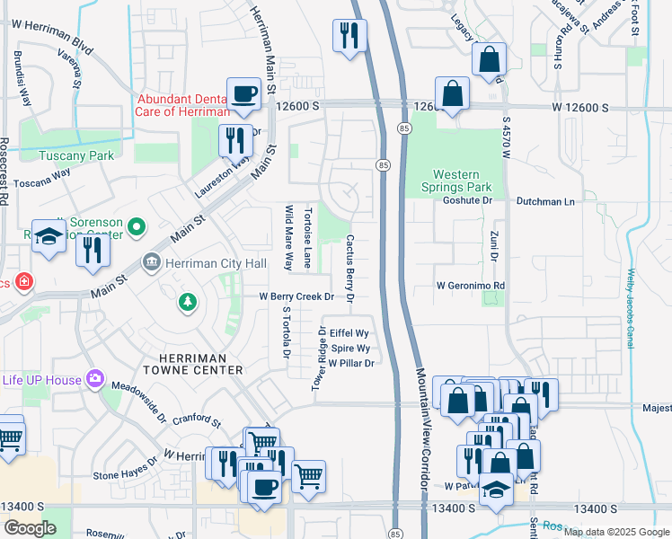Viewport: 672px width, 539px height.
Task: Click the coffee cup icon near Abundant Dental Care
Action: click(243, 93)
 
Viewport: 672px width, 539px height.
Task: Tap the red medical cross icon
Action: click(24, 282)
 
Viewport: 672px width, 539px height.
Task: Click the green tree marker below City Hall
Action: click(187, 301)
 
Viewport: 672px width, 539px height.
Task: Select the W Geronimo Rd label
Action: click(471, 286)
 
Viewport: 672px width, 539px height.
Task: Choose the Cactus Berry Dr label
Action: click(350, 268)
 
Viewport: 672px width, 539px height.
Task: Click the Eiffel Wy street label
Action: click(349, 332)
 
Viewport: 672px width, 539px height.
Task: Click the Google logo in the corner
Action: click(30, 527)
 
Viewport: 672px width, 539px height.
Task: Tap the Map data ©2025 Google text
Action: click(615, 532)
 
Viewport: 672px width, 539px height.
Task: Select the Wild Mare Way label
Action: click(288, 238)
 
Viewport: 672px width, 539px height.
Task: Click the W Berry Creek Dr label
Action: click(296, 296)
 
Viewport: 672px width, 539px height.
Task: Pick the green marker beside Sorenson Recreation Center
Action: click(137, 228)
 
